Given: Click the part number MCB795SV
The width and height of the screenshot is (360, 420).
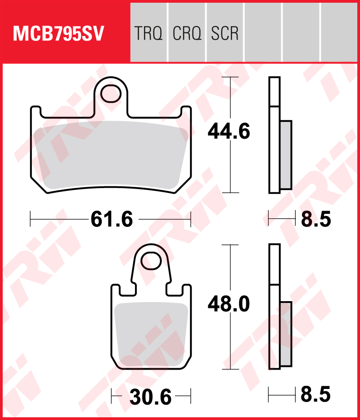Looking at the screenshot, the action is pyautogui.click(x=58, y=33).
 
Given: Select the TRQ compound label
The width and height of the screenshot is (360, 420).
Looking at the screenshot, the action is pyautogui.click(x=148, y=33).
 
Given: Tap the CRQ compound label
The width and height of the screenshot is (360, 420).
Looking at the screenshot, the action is pyautogui.click(x=187, y=33).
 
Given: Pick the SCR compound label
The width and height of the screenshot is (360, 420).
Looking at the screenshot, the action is pyautogui.click(x=225, y=33).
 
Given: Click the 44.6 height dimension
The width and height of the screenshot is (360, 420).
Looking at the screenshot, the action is pyautogui.click(x=229, y=131).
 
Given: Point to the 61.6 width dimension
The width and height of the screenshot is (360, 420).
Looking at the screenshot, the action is pyautogui.click(x=112, y=219).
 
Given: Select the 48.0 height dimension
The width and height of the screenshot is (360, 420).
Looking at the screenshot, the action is pyautogui.click(x=229, y=304).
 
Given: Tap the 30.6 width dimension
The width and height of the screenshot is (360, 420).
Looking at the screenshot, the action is pyautogui.click(x=151, y=397).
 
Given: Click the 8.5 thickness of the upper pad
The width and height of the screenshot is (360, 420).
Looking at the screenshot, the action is pyautogui.click(x=316, y=219).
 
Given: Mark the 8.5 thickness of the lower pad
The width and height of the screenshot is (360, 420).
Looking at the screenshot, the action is pyautogui.click(x=316, y=394).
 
